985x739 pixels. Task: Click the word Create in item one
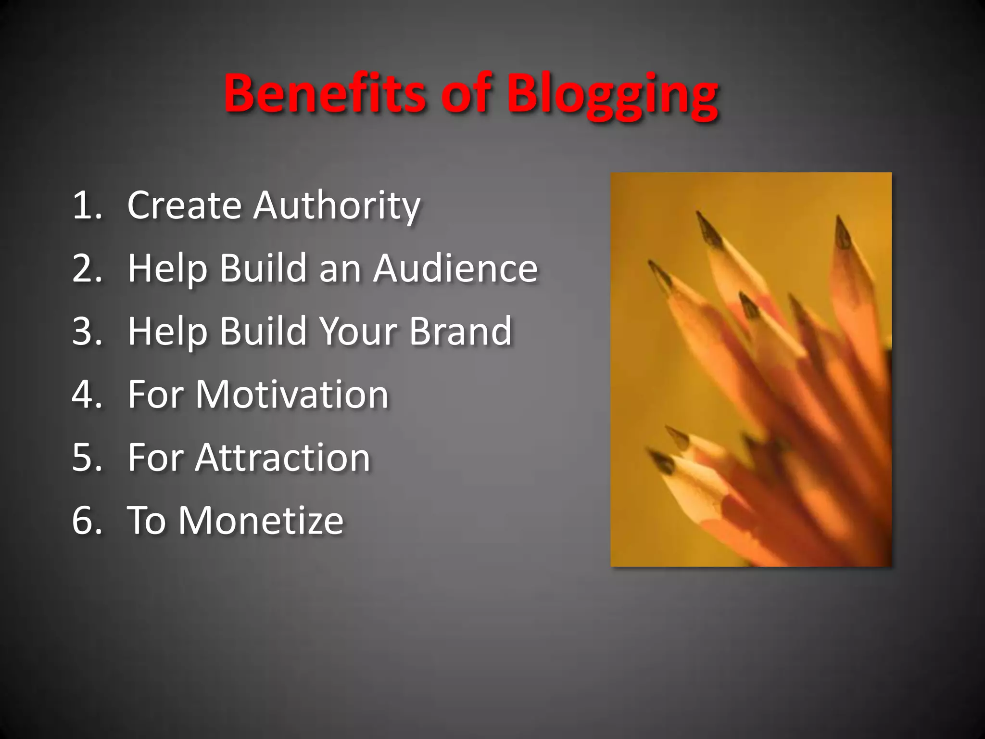(x=184, y=205)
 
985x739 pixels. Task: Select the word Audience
(x=455, y=268)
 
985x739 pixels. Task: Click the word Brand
(x=460, y=331)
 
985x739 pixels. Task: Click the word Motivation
(x=291, y=395)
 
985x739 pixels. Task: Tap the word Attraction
(x=283, y=458)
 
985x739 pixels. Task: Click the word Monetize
(x=261, y=521)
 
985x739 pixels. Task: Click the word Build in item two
(x=263, y=268)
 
